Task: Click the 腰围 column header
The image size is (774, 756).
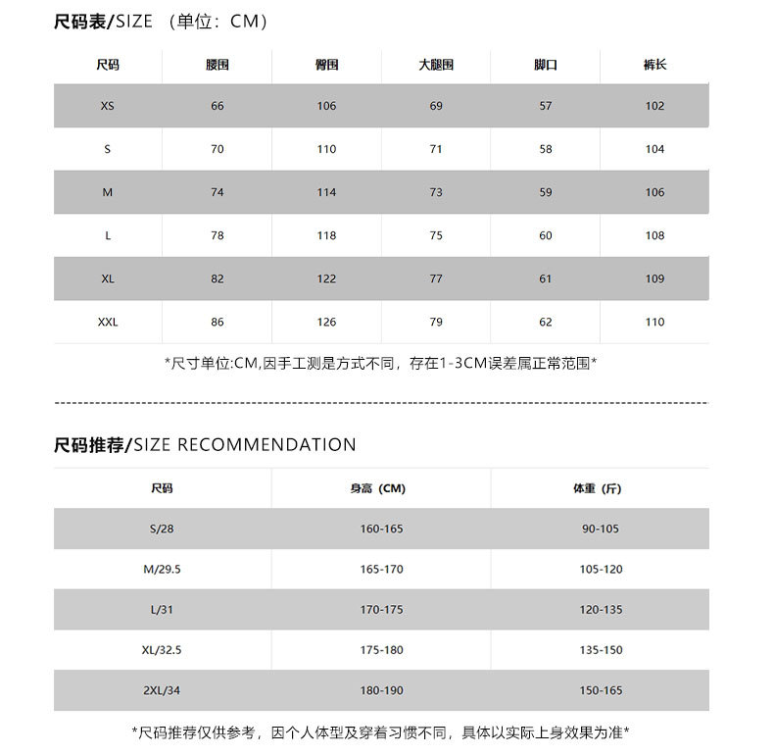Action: click(x=217, y=65)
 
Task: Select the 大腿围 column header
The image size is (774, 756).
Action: click(x=436, y=65)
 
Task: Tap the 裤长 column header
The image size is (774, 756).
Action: click(x=654, y=65)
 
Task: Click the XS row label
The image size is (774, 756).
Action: click(x=107, y=106)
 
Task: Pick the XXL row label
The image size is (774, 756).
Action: click(x=108, y=322)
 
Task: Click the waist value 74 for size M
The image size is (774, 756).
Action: click(x=217, y=192)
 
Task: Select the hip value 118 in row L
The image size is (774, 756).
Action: click(x=326, y=235)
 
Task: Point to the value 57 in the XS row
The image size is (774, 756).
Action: click(x=546, y=106)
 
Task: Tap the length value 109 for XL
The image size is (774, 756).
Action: click(x=654, y=278)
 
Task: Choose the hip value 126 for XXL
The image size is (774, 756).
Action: click(x=326, y=322)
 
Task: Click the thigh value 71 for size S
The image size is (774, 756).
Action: click(x=436, y=149)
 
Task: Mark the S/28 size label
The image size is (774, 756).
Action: click(x=162, y=529)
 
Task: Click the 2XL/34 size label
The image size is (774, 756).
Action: click(x=162, y=690)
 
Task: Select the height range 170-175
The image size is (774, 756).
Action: click(x=381, y=610)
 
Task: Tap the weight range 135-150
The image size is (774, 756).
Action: click(x=601, y=650)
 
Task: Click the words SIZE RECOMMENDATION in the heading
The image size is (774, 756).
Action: click(x=245, y=445)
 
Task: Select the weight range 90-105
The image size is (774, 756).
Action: click(x=601, y=529)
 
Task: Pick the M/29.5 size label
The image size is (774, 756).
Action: click(x=162, y=570)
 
